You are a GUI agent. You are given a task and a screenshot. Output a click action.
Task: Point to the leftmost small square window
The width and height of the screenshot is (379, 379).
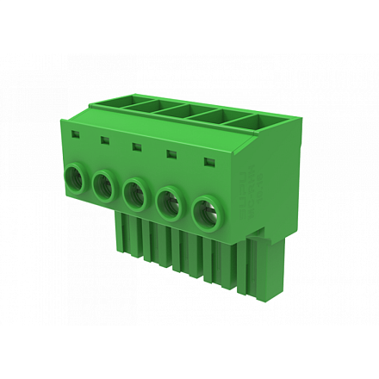[76, 135]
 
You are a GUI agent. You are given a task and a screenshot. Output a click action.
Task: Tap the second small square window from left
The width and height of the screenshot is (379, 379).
[105, 140]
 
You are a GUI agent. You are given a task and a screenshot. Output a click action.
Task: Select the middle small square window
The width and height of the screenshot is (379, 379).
[137, 146]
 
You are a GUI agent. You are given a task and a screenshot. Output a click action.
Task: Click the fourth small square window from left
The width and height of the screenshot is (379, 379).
[171, 153]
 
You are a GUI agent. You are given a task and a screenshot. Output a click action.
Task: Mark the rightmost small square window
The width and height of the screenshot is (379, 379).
[207, 160]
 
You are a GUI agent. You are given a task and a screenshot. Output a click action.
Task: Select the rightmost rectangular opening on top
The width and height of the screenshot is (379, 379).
[263, 120]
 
